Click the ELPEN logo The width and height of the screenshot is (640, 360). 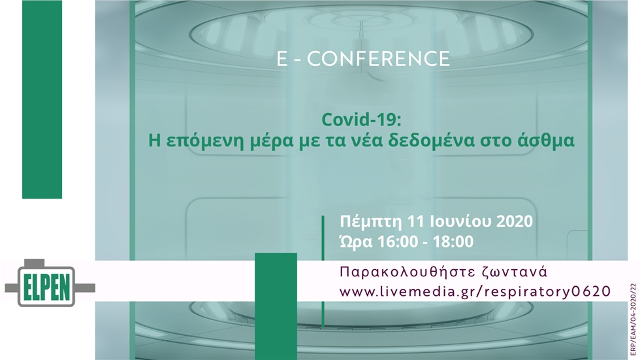(50, 285)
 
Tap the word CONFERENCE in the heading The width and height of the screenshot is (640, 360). (378, 59)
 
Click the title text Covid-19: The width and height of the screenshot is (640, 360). (362, 120)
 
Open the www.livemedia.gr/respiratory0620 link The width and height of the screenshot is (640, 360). (475, 291)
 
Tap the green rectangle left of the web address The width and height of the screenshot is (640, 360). (276, 306)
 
